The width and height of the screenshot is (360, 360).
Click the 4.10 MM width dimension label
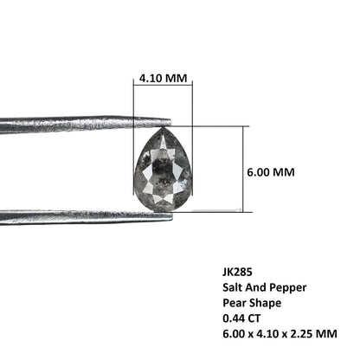tap(163, 78)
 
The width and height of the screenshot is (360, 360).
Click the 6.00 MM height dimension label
tap(271, 172)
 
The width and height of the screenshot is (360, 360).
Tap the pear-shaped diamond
tap(164, 170)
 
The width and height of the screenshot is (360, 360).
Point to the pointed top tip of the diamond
tap(163, 127)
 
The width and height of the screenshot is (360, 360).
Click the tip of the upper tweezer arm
tap(170, 122)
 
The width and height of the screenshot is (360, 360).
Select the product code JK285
tap(237, 272)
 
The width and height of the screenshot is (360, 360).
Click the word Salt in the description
tap(230, 287)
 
